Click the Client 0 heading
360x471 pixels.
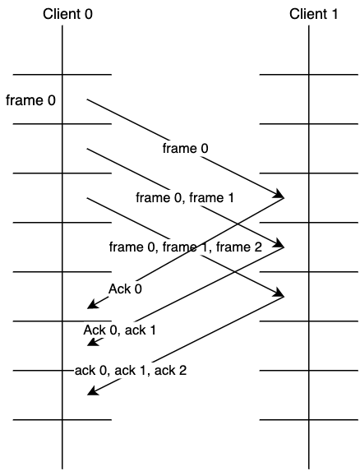pos(67,14)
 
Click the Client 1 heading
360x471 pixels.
pos(313,14)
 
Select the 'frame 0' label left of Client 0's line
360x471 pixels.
pos(30,100)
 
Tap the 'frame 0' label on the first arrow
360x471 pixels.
pos(185,149)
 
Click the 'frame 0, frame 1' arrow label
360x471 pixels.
pos(185,197)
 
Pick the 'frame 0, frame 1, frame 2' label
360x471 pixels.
pos(185,247)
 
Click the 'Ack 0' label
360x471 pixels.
pos(125,289)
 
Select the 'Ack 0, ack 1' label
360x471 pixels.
pos(119,330)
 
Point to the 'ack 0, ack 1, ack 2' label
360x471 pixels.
pos(131,370)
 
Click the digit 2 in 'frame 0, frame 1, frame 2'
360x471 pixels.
pos(258,247)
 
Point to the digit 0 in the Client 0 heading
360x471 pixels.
pos(89,14)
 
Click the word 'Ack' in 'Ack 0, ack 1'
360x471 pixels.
pos(95,330)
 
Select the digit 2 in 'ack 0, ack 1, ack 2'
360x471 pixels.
pos(182,370)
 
